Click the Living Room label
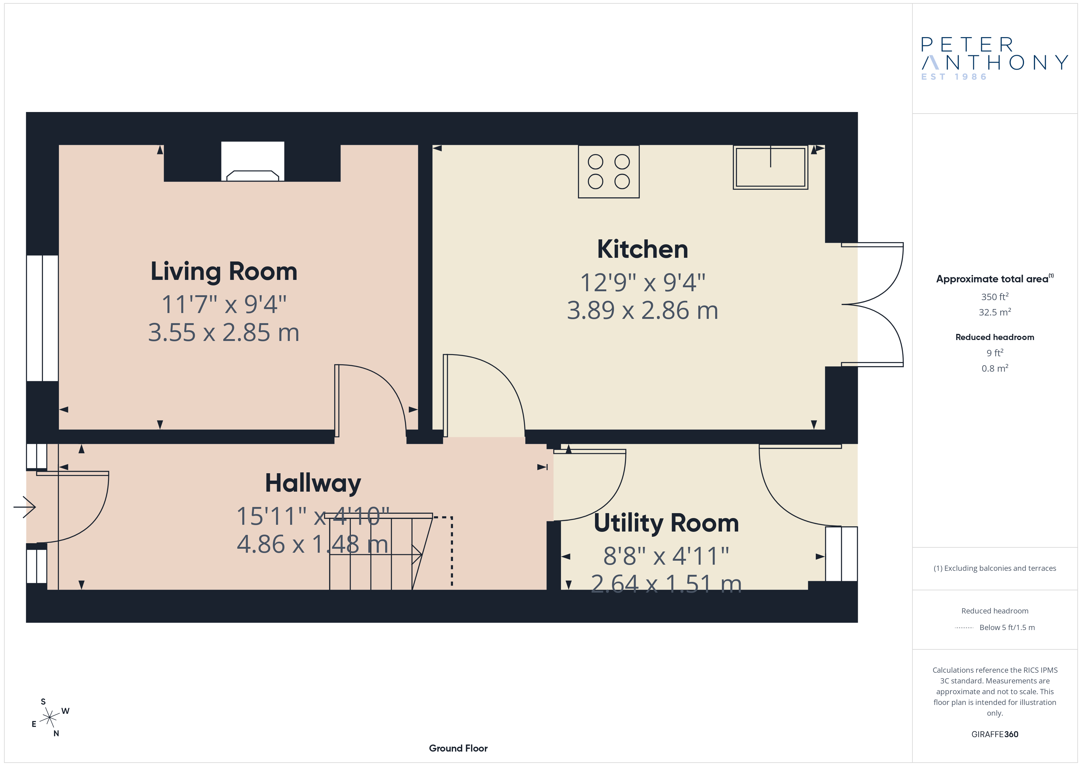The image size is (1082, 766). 224,272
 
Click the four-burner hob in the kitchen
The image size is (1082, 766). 608,172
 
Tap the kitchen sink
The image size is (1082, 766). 770,168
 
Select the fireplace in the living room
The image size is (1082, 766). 253,161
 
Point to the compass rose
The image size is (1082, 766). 49,718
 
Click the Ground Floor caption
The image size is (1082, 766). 458,748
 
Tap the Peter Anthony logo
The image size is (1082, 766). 994,59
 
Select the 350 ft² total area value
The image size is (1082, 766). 995,297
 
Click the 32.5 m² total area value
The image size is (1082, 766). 995,312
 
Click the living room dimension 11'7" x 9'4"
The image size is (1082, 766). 224,304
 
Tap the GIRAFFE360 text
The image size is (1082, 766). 995,734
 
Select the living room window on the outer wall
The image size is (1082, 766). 42,318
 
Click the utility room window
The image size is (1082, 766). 841,554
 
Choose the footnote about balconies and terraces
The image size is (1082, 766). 995,568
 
